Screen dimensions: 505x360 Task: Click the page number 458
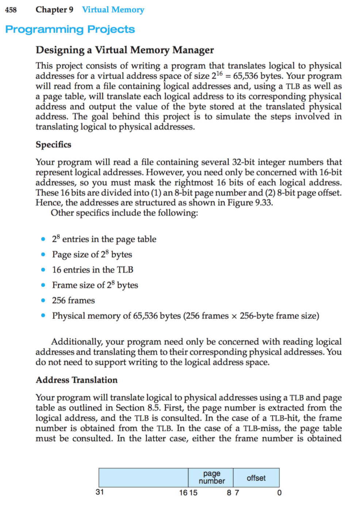(x=11, y=10)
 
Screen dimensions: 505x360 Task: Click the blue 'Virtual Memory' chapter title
(x=113, y=10)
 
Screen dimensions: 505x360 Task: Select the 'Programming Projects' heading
(x=70, y=29)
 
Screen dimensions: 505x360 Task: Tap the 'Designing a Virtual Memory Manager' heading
(x=125, y=50)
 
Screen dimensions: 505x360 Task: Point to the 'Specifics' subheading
(x=53, y=144)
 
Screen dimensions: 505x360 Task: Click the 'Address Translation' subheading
(x=77, y=380)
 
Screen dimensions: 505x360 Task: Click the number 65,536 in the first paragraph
(x=248, y=76)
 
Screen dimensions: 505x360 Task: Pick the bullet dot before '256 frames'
(x=43, y=300)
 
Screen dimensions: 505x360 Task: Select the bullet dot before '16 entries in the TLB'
(x=43, y=270)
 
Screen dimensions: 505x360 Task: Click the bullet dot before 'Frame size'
(x=43, y=285)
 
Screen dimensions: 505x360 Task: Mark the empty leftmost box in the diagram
(x=143, y=478)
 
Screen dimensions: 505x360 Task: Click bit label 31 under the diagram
(x=100, y=492)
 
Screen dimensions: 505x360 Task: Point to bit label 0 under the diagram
(x=279, y=493)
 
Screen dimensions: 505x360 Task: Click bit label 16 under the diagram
(x=183, y=493)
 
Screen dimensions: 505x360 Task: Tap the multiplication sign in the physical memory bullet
(x=234, y=316)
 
